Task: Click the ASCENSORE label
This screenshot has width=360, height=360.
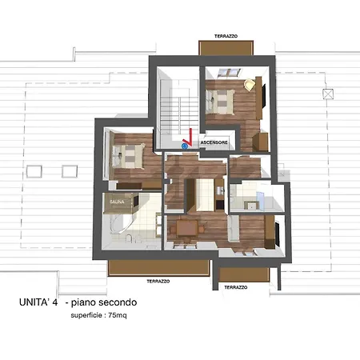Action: click(x=214, y=142)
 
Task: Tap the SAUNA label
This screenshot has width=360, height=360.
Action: click(x=117, y=202)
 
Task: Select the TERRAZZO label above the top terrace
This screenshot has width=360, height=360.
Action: click(x=226, y=36)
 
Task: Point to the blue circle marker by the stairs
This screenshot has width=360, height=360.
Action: click(x=184, y=146)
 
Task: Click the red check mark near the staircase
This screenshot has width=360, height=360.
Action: click(x=188, y=138)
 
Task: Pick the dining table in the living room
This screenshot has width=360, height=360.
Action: click(x=187, y=229)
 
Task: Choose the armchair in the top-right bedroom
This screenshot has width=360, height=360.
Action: click(x=250, y=85)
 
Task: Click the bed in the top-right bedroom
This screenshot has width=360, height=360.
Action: click(x=220, y=102)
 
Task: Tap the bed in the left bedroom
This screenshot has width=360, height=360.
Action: click(x=128, y=156)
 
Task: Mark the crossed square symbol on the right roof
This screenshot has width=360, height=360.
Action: click(x=328, y=94)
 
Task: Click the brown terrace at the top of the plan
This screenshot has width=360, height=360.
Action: click(x=226, y=48)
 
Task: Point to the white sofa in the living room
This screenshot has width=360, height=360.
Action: click(x=234, y=228)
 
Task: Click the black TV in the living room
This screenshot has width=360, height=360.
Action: click(x=278, y=234)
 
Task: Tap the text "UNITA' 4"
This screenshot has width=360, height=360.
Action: click(x=38, y=302)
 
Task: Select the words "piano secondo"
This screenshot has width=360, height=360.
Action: click(x=104, y=302)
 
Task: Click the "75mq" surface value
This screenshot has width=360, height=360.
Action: click(x=118, y=315)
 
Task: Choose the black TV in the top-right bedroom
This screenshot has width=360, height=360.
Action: click(x=263, y=96)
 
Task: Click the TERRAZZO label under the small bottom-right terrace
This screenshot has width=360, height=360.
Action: click(x=236, y=287)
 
